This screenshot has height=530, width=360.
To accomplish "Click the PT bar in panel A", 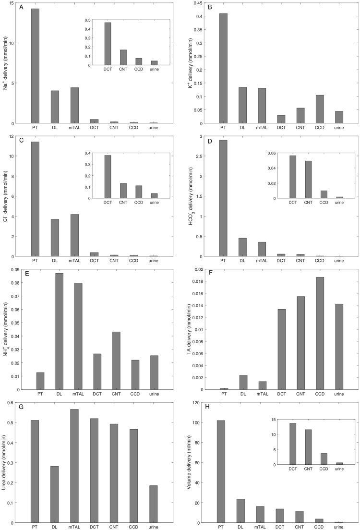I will pyautogui.click(x=35, y=66).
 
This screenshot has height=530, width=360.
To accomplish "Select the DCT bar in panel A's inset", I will pyautogui.click(x=108, y=44).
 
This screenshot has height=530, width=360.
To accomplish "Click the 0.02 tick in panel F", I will pyautogui.click(x=201, y=269).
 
